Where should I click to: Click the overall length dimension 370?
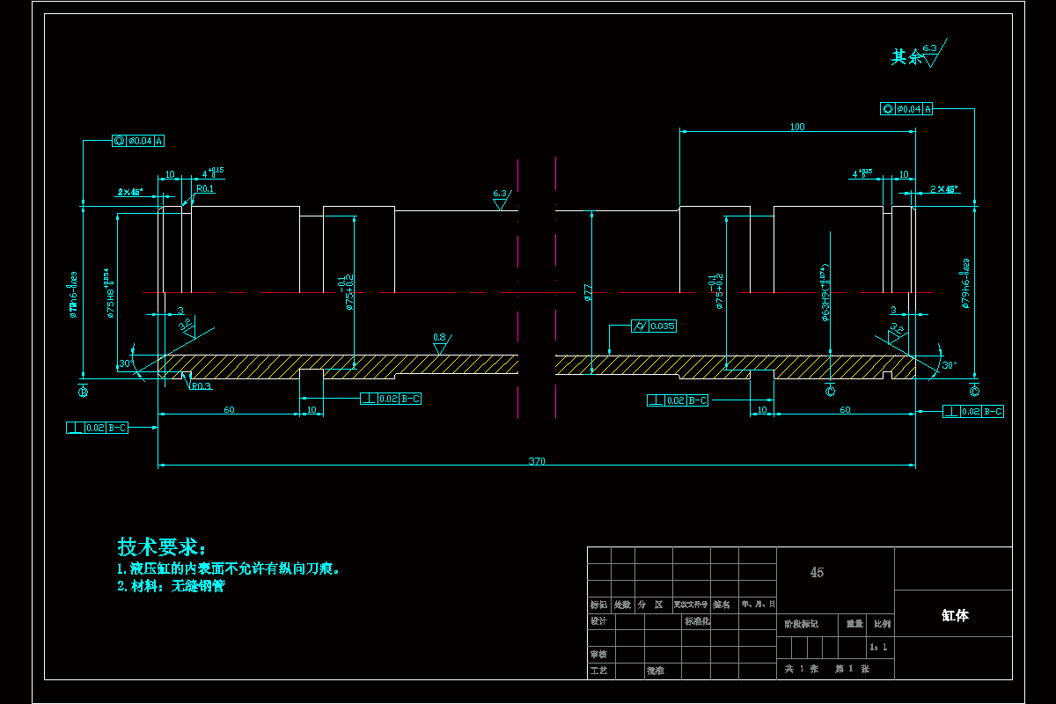536,460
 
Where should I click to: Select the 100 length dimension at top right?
797,127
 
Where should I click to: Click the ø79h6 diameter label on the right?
965,283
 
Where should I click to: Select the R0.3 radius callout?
201,386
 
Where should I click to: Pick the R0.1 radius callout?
205,188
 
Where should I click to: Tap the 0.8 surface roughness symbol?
439,341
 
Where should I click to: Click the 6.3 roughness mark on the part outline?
501,197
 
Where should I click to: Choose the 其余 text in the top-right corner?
906,57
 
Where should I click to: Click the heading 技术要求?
161,546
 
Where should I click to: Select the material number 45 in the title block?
817,572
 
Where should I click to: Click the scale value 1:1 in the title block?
878,648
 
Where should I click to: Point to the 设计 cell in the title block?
599,621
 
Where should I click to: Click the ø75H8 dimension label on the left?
110,292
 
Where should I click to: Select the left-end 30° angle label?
124,363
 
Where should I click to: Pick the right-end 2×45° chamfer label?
944,189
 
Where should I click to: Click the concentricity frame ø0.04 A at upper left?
139,140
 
